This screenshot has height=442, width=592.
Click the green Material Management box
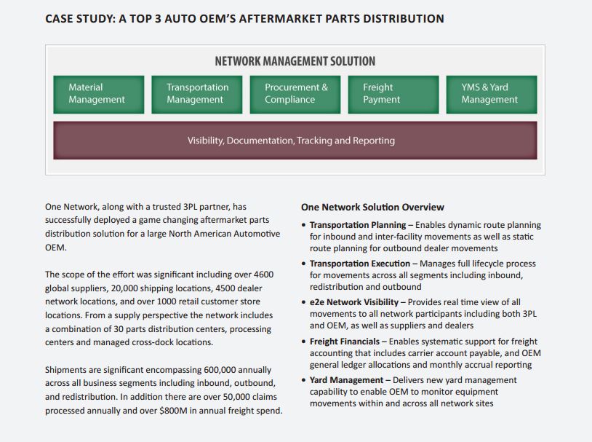pos(98,95)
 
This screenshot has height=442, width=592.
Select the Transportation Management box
pos(196,95)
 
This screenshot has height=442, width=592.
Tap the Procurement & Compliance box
pos(295,95)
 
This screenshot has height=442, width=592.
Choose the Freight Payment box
pos(393,95)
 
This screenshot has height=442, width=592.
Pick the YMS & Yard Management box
pos(492,95)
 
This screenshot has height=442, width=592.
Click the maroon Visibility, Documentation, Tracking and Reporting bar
pos(295,141)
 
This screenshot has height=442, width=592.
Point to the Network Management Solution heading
pos(295,61)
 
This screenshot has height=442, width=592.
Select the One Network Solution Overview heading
pos(372,208)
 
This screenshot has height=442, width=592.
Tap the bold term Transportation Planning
pos(358,225)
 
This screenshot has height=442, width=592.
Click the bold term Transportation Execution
pos(360,264)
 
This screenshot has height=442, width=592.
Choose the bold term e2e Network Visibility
pos(353,302)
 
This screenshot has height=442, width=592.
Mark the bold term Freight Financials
pos(344,342)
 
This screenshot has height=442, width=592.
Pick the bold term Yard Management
pos(346,380)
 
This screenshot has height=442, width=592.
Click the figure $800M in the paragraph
pos(173,411)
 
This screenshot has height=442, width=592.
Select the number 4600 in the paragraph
pos(264,275)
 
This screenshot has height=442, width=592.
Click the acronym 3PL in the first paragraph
pos(190,207)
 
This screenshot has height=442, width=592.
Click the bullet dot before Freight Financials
pos(303,342)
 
